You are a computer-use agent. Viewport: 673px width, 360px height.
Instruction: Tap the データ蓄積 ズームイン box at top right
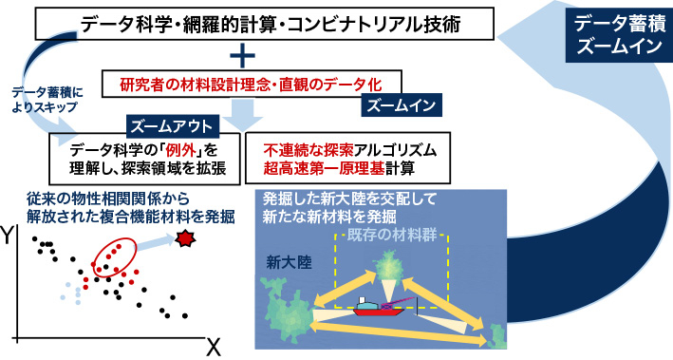(x=613, y=36)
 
